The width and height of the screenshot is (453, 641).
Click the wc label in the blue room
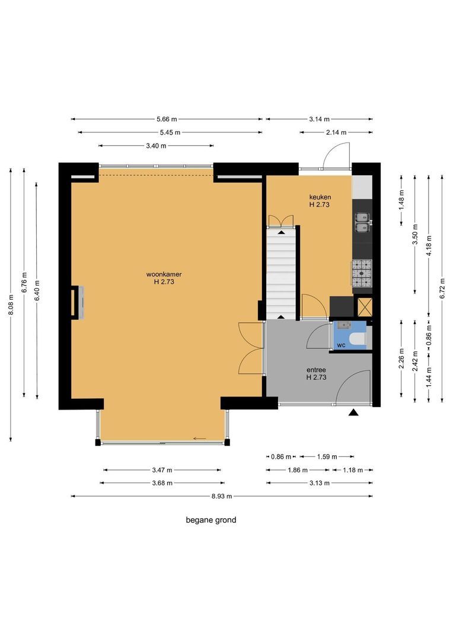(341, 345)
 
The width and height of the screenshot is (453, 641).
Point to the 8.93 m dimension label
(222, 496)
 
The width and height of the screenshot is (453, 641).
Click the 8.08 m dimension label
(11, 305)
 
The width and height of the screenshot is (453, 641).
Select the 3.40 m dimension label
(156, 145)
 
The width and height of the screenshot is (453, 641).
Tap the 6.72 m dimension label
(442, 288)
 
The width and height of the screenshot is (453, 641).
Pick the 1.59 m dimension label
(327, 456)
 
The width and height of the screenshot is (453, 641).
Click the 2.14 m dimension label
(336, 132)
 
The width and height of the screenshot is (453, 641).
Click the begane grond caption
(210, 520)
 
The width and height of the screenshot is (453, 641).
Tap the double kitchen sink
(362, 222)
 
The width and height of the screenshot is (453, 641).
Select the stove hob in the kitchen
(362, 273)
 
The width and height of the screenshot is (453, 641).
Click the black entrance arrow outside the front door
(353, 412)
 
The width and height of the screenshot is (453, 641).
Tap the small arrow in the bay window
(200, 439)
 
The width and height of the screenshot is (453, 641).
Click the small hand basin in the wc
(344, 325)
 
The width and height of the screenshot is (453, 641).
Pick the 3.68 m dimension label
(162, 483)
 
